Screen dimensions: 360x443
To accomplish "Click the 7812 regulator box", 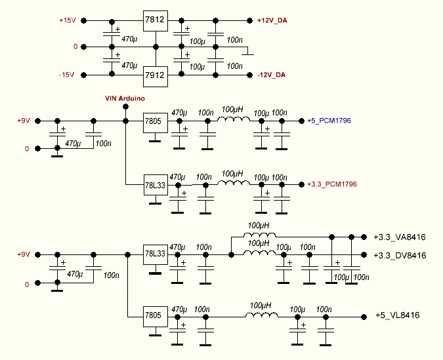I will pos(155,21).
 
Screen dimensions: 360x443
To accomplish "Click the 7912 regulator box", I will pos(155,76).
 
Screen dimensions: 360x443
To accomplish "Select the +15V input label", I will pos(68,21).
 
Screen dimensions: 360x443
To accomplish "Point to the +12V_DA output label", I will pos(272,21).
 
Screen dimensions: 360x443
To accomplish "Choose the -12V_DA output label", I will pos(272,75).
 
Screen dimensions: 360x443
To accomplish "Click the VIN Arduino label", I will pos(125,98).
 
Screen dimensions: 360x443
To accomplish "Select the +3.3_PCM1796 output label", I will pos(331,185).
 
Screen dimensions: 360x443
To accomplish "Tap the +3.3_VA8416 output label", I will pos(400,237).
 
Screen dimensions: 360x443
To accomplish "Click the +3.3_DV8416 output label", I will pos(400,255).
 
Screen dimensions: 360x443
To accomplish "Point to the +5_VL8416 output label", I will pos(397,316).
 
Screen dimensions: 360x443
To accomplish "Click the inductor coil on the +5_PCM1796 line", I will pos(234,119).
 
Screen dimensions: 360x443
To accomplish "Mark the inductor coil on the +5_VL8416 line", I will pos(261,315).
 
